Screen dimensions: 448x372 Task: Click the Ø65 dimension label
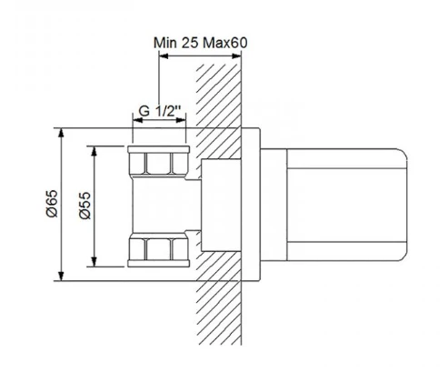pyautogui.click(x=52, y=204)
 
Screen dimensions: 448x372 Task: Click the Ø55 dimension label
pyautogui.click(x=85, y=206)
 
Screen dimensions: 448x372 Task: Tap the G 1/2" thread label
pyautogui.click(x=160, y=111)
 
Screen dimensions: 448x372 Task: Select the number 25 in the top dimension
pyautogui.click(x=190, y=43)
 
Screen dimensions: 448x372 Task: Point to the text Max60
pyautogui.click(x=225, y=43)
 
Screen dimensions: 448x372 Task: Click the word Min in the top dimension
pyautogui.click(x=164, y=43)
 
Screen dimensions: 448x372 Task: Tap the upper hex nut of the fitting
pyautogui.click(x=159, y=162)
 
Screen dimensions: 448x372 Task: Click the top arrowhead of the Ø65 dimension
pyautogui.click(x=61, y=133)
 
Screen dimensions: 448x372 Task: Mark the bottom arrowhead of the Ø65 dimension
pyautogui.click(x=61, y=276)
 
